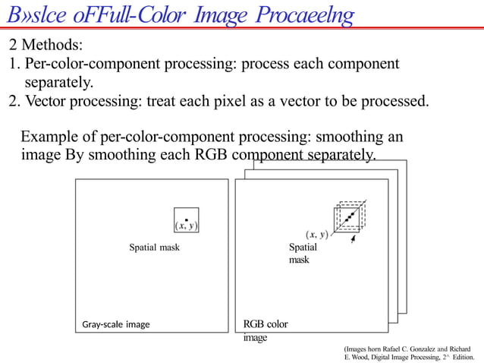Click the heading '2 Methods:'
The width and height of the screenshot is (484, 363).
(46, 45)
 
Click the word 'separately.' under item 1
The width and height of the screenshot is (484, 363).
(61, 81)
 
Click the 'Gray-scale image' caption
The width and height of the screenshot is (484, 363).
(116, 324)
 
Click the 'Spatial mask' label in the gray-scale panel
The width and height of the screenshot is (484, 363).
(154, 247)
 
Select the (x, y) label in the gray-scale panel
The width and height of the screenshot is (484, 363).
(186, 226)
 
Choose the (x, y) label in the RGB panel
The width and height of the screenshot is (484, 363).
(316, 235)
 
